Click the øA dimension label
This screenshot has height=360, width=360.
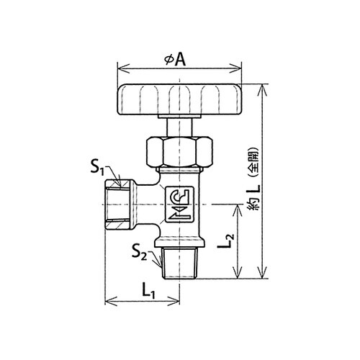point(176,60)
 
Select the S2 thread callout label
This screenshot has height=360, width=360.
point(139,253)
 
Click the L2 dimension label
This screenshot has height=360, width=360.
point(225,240)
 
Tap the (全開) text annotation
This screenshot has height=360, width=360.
point(255,162)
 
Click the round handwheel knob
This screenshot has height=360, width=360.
point(179,99)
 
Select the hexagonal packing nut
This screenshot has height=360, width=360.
point(179,152)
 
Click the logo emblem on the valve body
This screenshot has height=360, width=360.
point(179,204)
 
